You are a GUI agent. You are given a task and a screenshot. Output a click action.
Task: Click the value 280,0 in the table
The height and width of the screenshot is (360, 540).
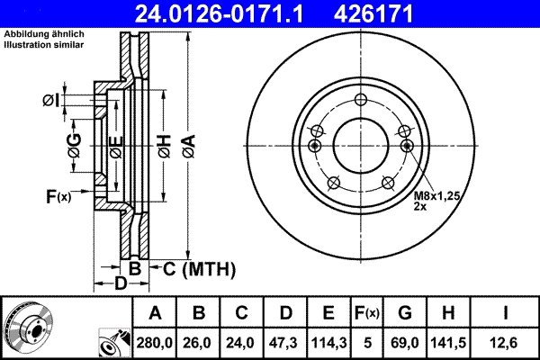(155, 343)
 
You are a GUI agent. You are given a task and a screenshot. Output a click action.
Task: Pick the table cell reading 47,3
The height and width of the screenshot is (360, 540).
(285, 343)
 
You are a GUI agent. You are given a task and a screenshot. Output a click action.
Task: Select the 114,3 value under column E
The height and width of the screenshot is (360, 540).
(329, 343)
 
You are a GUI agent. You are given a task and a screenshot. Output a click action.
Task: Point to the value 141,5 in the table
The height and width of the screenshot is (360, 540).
(449, 343)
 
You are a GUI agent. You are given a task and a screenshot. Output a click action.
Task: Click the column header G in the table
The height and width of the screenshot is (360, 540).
(405, 313)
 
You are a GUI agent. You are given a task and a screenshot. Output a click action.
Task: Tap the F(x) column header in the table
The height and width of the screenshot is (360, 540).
(366, 313)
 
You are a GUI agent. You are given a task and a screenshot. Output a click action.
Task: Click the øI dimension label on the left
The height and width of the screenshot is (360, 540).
(51, 99)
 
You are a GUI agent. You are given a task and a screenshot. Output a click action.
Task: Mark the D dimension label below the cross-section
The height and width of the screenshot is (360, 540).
(121, 283)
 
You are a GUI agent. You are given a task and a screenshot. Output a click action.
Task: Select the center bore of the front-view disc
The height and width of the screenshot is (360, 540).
(361, 144)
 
